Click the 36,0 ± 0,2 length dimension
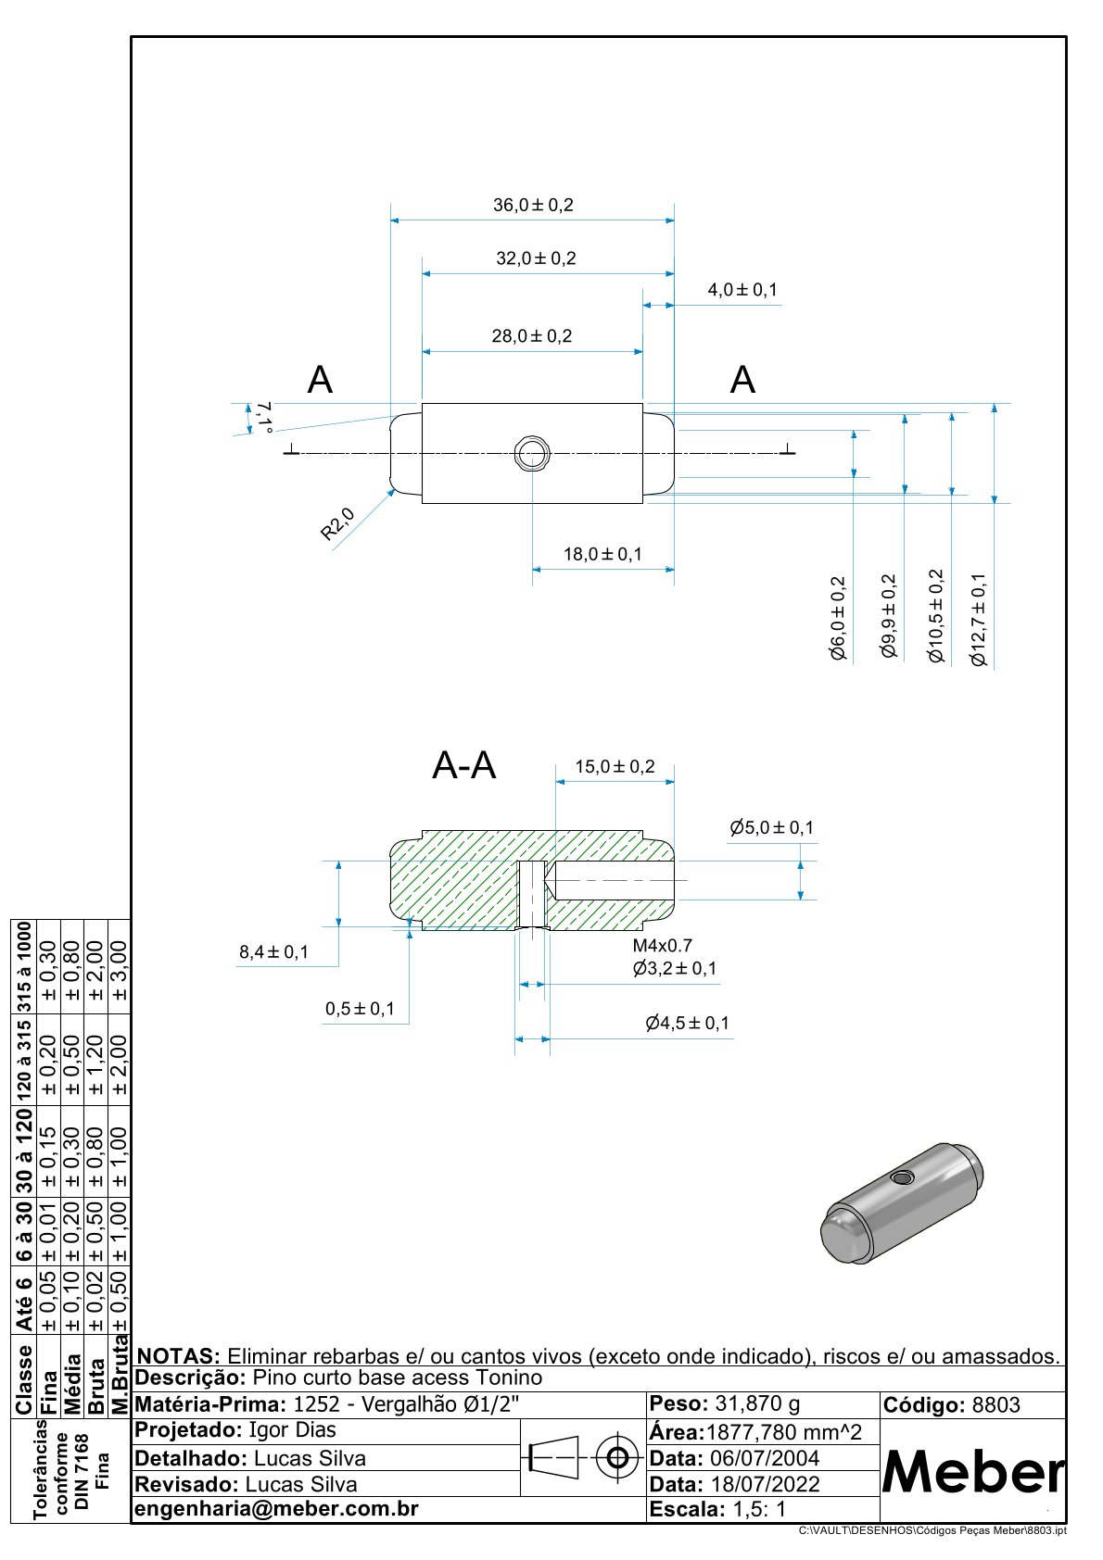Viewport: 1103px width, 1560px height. (x=533, y=205)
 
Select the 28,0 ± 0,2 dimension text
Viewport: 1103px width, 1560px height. (x=532, y=335)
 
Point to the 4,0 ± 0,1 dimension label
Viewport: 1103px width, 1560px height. (x=742, y=290)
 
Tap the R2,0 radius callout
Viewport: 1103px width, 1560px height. (x=337, y=523)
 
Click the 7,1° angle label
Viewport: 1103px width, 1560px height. (x=265, y=416)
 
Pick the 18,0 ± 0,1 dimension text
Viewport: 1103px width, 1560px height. (x=602, y=554)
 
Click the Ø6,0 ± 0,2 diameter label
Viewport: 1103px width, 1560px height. (x=838, y=618)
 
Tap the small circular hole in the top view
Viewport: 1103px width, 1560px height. (x=532, y=454)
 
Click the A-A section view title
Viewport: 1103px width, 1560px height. (x=464, y=766)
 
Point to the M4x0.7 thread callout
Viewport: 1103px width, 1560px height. (x=662, y=946)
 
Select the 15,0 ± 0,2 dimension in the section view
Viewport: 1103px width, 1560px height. (x=615, y=766)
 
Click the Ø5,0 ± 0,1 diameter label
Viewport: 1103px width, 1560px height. (x=771, y=827)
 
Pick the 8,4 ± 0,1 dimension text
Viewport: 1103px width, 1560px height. (x=273, y=951)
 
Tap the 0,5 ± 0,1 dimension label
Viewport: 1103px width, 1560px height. (x=360, y=1009)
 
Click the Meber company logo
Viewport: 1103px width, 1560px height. (x=972, y=1471)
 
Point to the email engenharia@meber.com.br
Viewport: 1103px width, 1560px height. (x=277, y=1509)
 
